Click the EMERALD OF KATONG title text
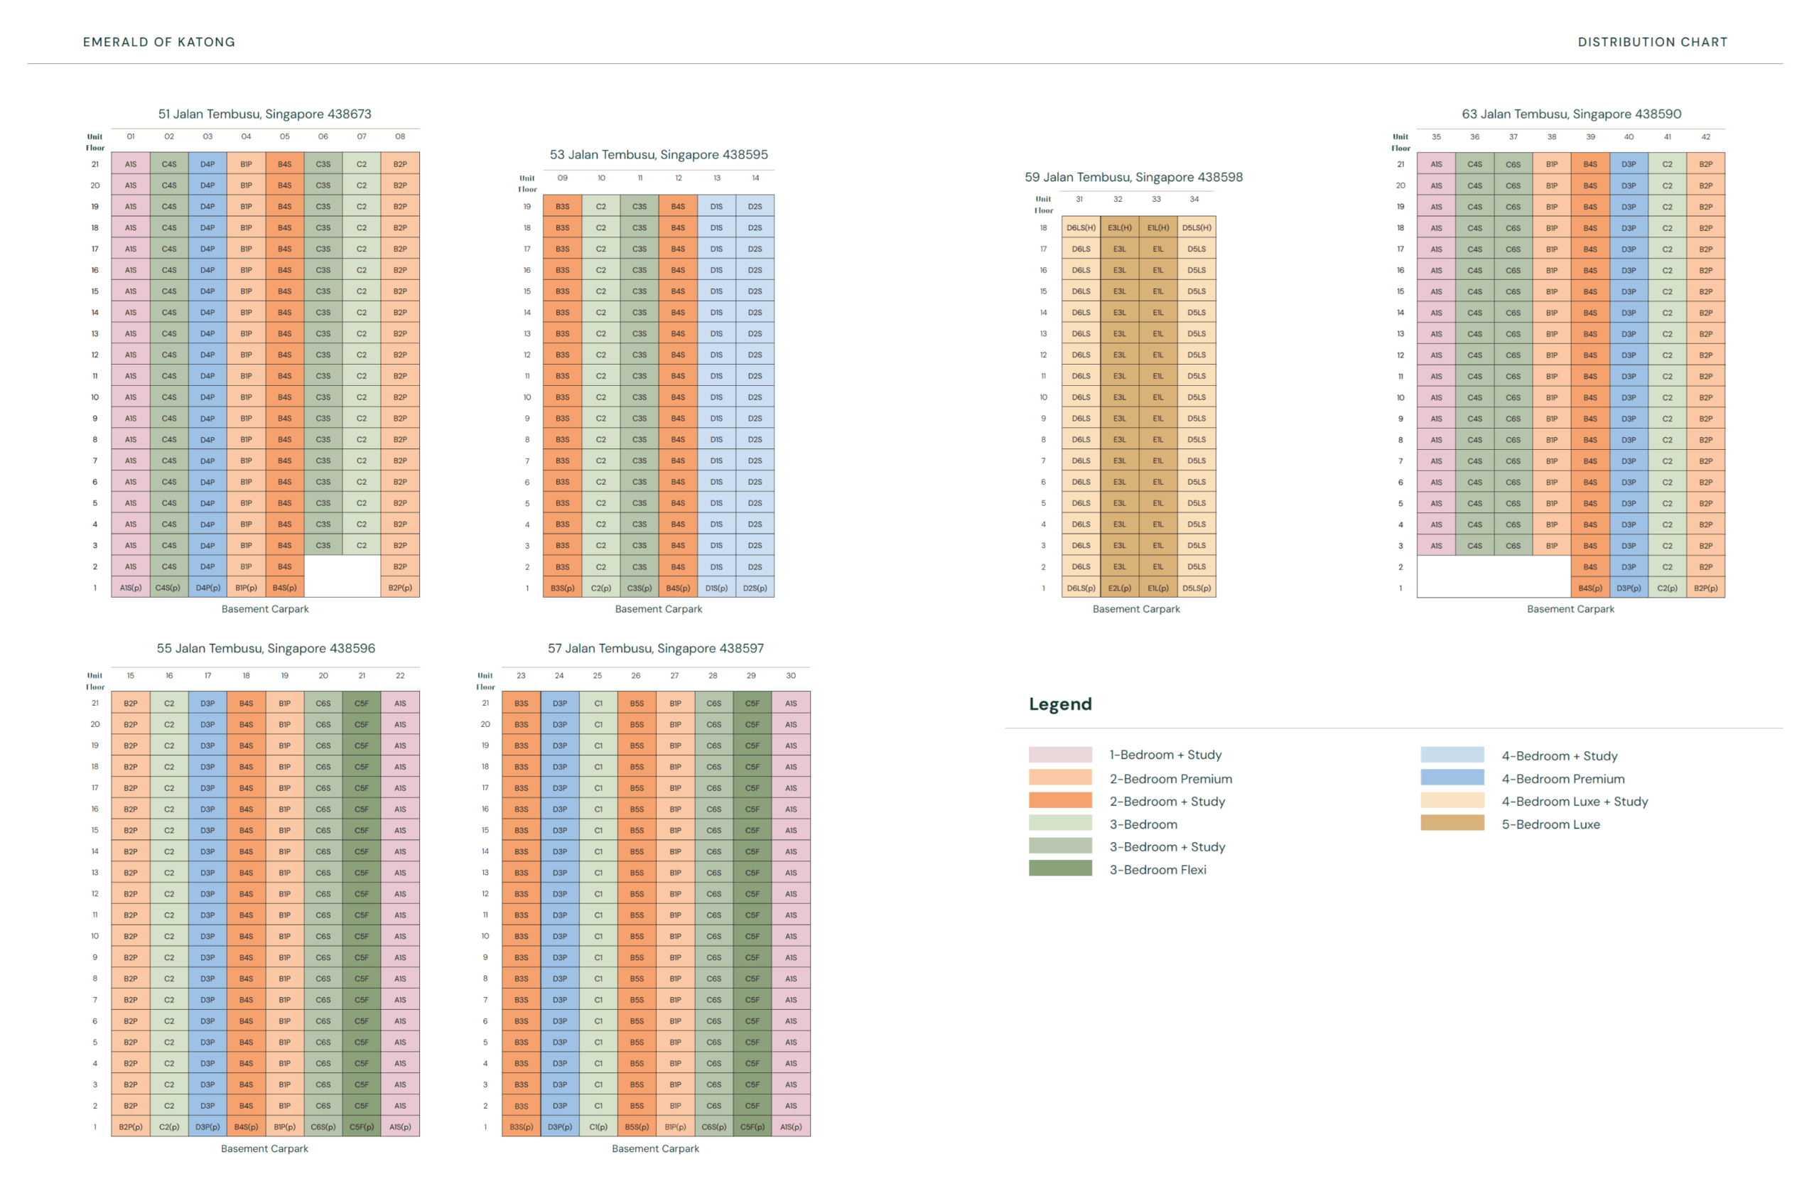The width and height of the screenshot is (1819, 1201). (158, 42)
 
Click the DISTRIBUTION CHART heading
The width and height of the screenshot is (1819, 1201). (1652, 42)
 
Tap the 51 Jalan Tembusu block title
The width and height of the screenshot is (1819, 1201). (264, 114)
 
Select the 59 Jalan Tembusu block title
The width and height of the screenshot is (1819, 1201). (1133, 177)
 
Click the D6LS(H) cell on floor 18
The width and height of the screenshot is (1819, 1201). (1081, 227)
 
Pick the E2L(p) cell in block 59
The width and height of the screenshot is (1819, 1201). (1119, 588)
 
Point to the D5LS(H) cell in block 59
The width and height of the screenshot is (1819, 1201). (1197, 227)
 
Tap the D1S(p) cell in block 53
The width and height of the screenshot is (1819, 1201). (716, 588)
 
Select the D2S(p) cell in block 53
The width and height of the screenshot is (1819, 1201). (755, 588)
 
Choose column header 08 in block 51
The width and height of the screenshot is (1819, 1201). (400, 136)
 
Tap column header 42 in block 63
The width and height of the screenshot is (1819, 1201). (1705, 137)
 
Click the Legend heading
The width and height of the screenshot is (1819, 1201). (1060, 704)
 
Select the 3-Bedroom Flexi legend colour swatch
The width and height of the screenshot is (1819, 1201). (1060, 868)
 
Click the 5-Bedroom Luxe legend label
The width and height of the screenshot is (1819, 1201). (1550, 824)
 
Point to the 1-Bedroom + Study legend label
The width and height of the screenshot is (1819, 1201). (1165, 755)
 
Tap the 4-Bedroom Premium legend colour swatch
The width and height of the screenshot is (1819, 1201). (1452, 778)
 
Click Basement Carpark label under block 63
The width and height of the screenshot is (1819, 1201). (1570, 609)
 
